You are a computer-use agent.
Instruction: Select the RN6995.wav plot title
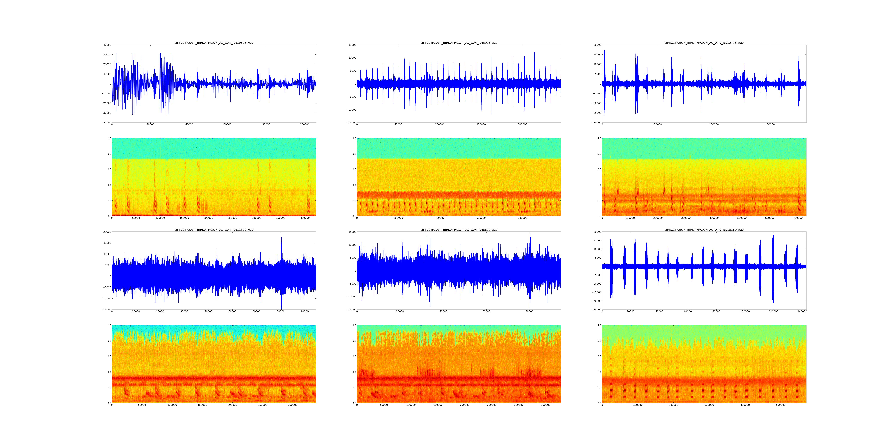pos(459,43)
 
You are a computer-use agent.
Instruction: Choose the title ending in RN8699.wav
pos(459,230)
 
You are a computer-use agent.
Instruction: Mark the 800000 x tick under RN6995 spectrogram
pos(522,218)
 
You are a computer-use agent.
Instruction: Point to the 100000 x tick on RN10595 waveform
pos(305,125)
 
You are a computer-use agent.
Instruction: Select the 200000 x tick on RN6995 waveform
pos(522,125)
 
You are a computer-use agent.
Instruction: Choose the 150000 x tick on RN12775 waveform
pos(770,125)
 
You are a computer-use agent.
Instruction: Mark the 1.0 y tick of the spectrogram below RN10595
pos(109,138)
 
